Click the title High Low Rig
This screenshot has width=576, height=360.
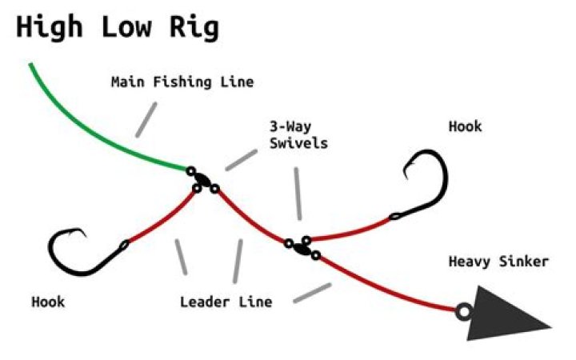[118, 27]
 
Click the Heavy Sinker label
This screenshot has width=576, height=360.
[498, 262]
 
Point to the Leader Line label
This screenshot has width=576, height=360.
[226, 302]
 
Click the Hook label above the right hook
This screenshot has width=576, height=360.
[466, 126]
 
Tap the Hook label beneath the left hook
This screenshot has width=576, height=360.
[48, 302]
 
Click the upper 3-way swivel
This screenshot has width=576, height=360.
[202, 181]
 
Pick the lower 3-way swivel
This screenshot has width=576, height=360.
[302, 246]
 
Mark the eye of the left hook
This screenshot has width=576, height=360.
[124, 245]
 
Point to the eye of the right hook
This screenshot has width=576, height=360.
[394, 216]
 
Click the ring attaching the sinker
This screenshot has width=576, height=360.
[462, 310]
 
